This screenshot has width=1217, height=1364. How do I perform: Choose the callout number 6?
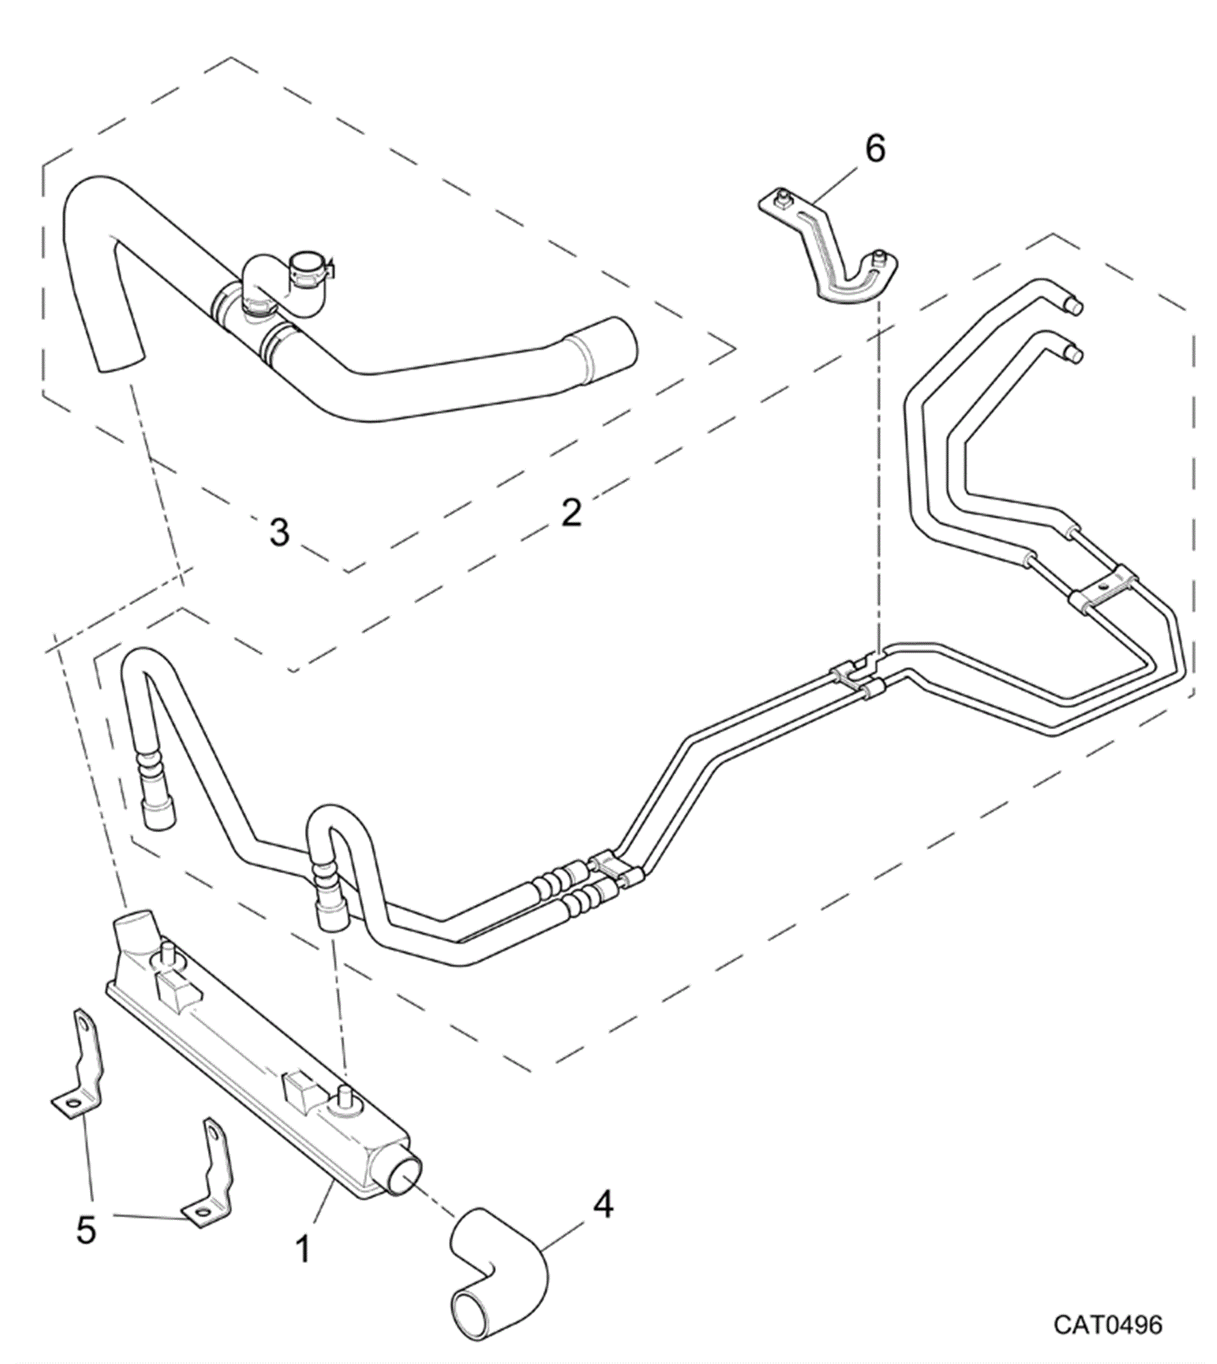pos(875,148)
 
